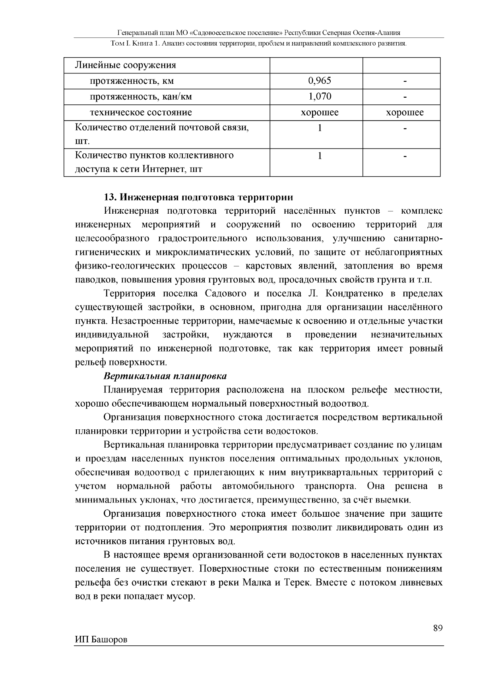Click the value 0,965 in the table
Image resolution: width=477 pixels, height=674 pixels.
coord(319,81)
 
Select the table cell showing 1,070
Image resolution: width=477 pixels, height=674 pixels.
coord(319,97)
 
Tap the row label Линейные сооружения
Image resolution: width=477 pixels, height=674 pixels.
coord(126,65)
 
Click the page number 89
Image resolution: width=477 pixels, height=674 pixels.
coord(438,628)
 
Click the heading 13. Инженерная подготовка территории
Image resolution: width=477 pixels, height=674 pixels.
coord(198,197)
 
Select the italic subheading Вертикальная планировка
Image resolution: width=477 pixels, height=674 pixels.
coord(165,376)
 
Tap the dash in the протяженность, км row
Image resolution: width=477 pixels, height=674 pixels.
coord(405,81)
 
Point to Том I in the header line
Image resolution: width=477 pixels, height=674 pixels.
coord(118,43)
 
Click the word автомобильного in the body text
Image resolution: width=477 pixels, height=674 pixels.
coord(258,486)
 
